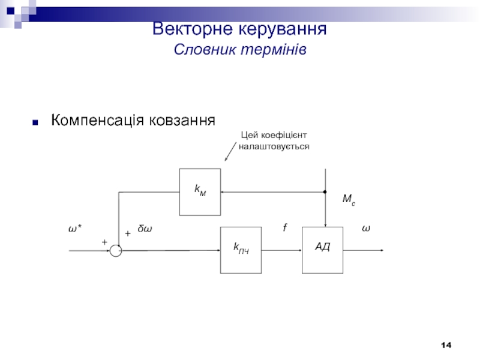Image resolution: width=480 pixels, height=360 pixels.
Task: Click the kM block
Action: (200, 191)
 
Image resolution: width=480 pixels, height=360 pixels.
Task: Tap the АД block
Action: (323, 250)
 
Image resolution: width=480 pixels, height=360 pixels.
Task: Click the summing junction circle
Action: (116, 251)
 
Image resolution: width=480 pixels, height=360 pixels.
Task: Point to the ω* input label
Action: (74, 229)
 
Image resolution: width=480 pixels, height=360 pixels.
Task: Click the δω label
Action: (145, 229)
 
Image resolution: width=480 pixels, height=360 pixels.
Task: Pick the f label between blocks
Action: (285, 228)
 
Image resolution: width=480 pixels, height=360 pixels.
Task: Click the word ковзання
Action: (182, 121)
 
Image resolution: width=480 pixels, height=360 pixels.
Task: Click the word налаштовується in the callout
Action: (274, 146)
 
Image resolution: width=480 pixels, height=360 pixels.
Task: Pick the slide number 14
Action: (446, 345)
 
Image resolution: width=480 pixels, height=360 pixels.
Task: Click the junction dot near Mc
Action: (325, 192)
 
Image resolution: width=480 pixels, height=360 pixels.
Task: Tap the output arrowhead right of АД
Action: (380, 251)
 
